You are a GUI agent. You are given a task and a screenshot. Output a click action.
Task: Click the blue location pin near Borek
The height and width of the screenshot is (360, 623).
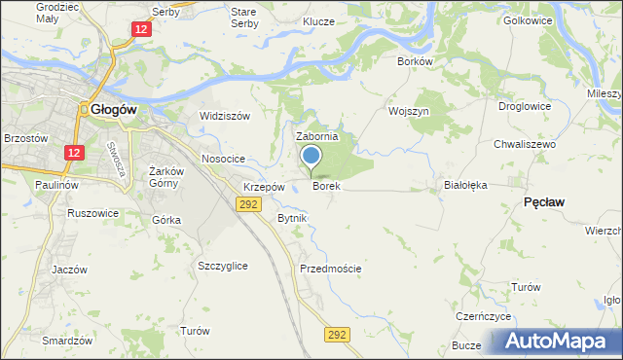coord(311,157)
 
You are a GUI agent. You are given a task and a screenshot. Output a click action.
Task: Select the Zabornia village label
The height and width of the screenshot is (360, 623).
coord(316,137)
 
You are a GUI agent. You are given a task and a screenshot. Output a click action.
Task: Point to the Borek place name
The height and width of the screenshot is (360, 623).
coord(326,186)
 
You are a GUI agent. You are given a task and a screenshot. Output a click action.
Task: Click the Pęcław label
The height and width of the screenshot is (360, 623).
coord(545,201)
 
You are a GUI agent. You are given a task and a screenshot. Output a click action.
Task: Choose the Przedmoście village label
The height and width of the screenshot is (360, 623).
coord(331,269)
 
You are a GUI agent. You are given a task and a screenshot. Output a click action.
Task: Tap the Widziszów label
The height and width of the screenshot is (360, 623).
coord(225,116)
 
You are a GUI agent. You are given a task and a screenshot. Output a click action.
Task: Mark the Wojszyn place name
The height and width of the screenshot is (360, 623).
coord(409,111)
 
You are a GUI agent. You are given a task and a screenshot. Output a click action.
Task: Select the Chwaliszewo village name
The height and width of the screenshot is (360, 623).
coord(524,144)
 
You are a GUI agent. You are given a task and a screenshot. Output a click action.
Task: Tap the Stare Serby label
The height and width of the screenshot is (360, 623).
coord(243,18)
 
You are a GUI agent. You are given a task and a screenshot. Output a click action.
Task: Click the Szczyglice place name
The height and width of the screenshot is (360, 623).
coord(222,266)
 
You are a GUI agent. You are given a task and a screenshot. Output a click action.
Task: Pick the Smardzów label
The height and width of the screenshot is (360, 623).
coord(67,342)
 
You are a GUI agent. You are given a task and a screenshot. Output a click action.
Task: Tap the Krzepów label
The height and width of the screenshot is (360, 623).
coord(264,187)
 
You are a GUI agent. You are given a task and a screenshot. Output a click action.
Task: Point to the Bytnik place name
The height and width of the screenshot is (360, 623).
coord(292,218)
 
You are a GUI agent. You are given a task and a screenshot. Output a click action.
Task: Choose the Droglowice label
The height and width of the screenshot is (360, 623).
coord(525,106)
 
